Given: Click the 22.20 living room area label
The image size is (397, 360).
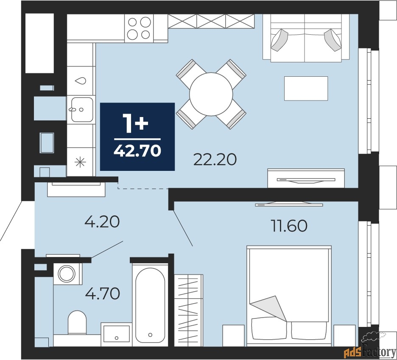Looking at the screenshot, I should (x=215, y=159).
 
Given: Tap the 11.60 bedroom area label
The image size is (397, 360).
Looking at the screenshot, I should (x=289, y=226).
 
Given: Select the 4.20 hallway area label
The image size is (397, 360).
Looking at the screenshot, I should (x=102, y=221).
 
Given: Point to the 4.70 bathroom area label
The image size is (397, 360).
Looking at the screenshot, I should (x=102, y=293).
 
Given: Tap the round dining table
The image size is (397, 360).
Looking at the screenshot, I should (x=211, y=94).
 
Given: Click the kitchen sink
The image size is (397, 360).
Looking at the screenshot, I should (x=81, y=109).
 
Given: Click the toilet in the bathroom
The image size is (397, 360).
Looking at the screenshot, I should (x=77, y=322).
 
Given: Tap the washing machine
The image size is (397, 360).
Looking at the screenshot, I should (x=67, y=273).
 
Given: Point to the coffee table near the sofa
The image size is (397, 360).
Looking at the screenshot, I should (x=306, y=88).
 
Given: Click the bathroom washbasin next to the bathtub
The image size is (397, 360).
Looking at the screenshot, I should (x=116, y=334).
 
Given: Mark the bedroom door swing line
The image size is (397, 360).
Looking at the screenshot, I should (x=182, y=229).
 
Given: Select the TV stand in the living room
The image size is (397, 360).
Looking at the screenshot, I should (x=306, y=178).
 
